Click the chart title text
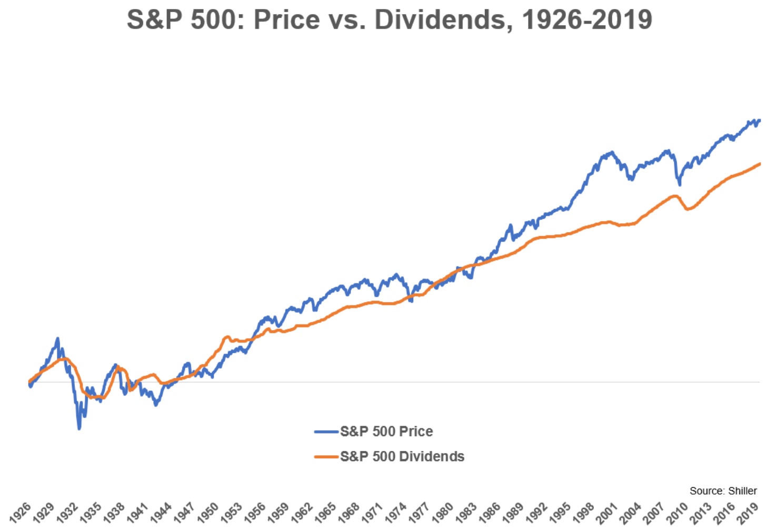[x=389, y=20]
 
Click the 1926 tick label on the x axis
[x=21, y=513]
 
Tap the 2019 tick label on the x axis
[x=748, y=513]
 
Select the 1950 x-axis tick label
[x=208, y=513]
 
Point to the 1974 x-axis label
[x=396, y=513]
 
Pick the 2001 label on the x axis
[x=607, y=513]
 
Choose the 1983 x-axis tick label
[x=466, y=513]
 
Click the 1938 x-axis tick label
[x=115, y=513]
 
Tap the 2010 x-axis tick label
[x=678, y=513]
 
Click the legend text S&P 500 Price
[x=386, y=431]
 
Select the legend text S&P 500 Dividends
[x=402, y=457]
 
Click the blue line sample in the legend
[x=326, y=432]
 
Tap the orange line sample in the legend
[x=326, y=457]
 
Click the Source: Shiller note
[x=723, y=491]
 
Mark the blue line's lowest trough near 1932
[x=79, y=428]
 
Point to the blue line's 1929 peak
[x=58, y=339]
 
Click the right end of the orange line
[x=759, y=164]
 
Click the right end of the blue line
[x=759, y=121]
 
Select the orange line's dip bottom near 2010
[x=688, y=209]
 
